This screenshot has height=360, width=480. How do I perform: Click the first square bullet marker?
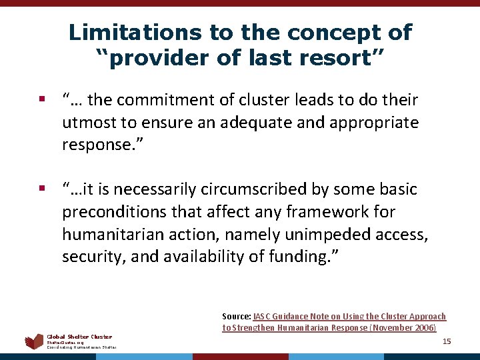(41, 101)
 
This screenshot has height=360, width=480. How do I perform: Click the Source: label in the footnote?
(236, 317)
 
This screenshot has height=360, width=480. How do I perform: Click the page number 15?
(447, 341)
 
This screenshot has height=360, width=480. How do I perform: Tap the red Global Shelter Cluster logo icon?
(34, 341)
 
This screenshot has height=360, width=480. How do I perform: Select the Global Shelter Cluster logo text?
(79, 337)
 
